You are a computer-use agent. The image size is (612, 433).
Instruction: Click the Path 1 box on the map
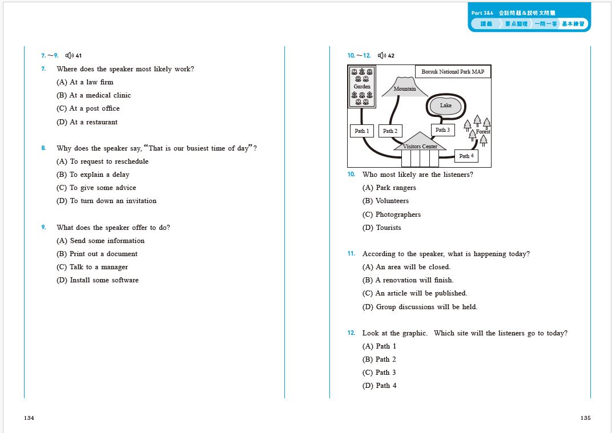(361, 131)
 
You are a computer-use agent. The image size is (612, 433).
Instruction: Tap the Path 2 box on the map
(390, 131)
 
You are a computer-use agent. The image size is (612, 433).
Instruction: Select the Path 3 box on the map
(442, 130)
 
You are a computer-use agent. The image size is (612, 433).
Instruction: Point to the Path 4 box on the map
(466, 156)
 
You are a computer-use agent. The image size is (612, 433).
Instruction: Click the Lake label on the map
(446, 106)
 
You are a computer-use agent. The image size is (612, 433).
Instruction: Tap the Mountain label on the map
(405, 89)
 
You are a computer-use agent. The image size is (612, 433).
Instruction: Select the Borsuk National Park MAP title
(453, 72)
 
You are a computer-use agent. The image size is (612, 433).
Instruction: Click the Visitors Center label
(420, 147)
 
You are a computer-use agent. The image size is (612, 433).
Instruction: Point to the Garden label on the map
(362, 87)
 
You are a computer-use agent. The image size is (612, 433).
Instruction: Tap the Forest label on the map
(483, 132)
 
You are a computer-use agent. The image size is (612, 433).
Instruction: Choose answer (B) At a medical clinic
(94, 95)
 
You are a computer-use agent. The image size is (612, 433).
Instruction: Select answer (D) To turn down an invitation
(106, 201)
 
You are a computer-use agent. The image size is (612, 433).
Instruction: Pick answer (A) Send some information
(100, 241)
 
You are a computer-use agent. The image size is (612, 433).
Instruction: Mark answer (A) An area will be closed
(406, 267)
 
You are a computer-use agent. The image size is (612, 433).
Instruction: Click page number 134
(29, 418)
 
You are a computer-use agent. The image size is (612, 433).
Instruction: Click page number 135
(585, 418)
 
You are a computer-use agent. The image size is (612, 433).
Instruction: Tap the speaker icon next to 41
(69, 55)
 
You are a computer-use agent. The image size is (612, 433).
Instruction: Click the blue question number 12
(351, 333)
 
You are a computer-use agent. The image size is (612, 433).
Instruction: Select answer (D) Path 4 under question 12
(379, 386)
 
